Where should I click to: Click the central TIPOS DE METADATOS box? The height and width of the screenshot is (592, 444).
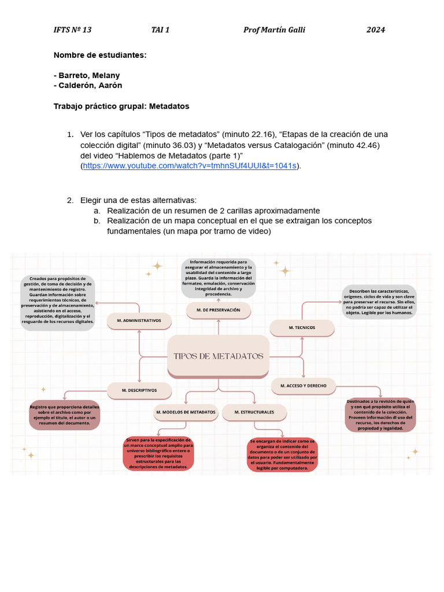(219, 356)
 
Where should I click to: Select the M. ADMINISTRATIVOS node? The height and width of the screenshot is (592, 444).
(139, 320)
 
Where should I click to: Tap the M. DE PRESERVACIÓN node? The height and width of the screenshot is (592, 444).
(218, 310)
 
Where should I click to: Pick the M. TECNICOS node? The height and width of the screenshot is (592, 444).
(302, 328)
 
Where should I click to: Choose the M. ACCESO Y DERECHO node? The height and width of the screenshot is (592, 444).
(304, 386)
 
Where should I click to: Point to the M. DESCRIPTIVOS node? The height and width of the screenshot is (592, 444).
(139, 390)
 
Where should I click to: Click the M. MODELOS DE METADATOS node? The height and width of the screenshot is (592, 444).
(186, 412)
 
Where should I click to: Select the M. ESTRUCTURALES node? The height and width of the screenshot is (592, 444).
(254, 412)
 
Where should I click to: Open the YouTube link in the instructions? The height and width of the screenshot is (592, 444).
(190, 166)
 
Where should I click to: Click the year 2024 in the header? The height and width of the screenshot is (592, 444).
(375, 30)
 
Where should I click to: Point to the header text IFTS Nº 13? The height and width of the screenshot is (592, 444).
(72, 30)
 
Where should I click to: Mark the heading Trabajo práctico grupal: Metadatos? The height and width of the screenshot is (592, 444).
(121, 106)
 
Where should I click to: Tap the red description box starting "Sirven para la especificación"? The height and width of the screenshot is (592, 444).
(158, 454)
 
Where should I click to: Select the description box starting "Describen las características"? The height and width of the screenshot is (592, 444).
(379, 302)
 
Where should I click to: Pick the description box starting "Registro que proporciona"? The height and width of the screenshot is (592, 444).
(64, 415)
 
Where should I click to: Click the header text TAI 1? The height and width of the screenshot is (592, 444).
(160, 30)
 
